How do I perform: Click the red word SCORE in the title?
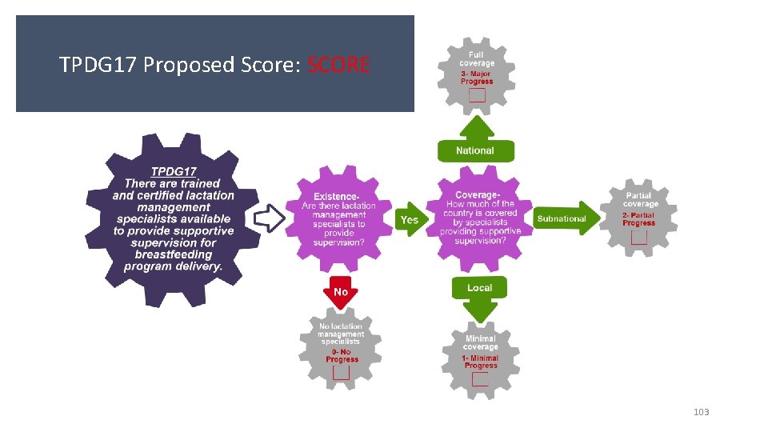338,65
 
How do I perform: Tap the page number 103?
701,412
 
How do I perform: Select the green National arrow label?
475,150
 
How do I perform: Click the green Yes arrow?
410,220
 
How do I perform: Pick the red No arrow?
341,291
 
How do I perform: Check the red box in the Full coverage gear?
477,96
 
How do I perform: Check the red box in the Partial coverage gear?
638,238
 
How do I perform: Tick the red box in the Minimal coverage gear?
480,379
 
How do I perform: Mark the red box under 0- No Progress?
342,373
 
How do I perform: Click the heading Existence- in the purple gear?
336,196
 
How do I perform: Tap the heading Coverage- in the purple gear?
478,195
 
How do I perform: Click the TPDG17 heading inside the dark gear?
174,171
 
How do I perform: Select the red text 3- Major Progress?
477,78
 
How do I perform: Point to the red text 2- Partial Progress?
638,218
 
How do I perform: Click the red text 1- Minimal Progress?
480,362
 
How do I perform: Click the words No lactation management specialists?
340,334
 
